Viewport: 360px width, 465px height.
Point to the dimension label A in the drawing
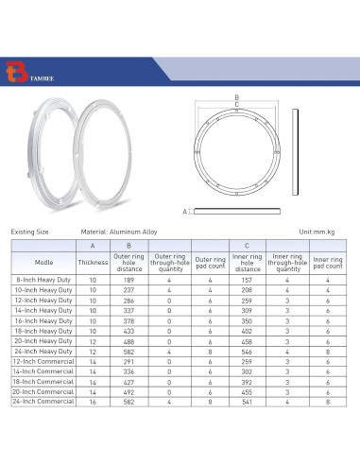click(185, 211)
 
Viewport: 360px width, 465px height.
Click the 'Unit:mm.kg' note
click(317, 231)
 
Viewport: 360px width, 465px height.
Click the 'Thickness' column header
click(93, 262)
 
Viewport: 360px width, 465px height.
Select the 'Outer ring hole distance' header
click(129, 262)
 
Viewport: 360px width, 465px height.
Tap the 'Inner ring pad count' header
click(328, 262)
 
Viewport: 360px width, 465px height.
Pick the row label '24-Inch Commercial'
click(43, 401)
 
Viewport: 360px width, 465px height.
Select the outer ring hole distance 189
click(129, 281)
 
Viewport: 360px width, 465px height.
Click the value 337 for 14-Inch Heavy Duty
click(129, 311)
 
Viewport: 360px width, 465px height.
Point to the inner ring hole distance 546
click(247, 351)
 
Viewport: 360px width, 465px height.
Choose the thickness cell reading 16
click(93, 401)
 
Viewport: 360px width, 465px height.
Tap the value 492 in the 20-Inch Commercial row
click(129, 391)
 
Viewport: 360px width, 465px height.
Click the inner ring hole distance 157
click(247, 281)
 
